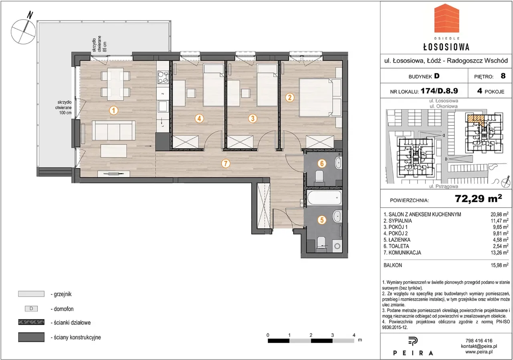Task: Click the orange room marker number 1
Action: pyautogui.click(x=113, y=111)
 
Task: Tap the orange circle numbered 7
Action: pyautogui.click(x=226, y=164)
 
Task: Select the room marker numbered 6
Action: pyautogui.click(x=322, y=164)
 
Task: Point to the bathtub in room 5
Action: pyautogui.click(x=324, y=198)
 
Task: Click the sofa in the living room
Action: pyautogui.click(x=113, y=131)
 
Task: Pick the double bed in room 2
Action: pyautogui.click(x=316, y=97)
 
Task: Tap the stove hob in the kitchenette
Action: pyautogui.click(x=163, y=77)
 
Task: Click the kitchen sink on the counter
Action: pyautogui.click(x=163, y=106)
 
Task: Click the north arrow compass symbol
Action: pyautogui.click(x=24, y=30)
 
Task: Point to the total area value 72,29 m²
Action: pyautogui.click(x=479, y=198)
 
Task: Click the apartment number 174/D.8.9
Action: pyautogui.click(x=439, y=91)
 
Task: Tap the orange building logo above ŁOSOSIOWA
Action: pyautogui.click(x=446, y=21)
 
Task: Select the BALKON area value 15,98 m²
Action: pyautogui.click(x=499, y=265)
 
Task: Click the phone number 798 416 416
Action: pyautogui.click(x=479, y=340)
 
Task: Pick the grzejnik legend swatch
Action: pyautogui.click(x=31, y=294)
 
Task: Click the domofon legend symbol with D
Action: pyautogui.click(x=31, y=309)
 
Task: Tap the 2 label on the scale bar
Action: pyautogui.click(x=311, y=335)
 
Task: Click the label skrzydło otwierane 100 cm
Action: pyautogui.click(x=63, y=107)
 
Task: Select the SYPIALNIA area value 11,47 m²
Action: pyautogui.click(x=499, y=221)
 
